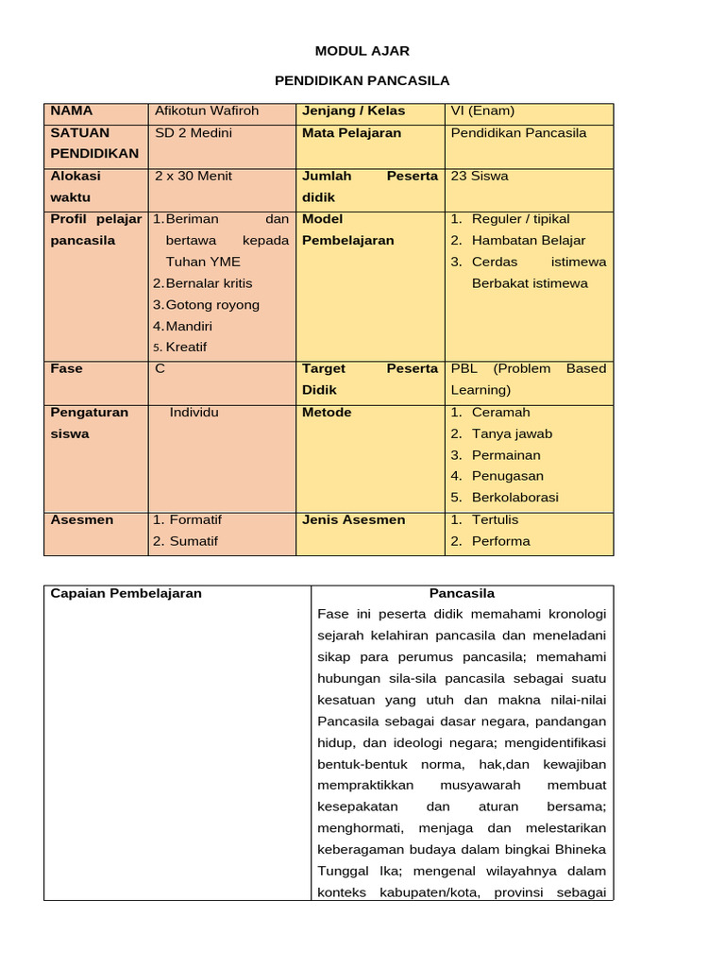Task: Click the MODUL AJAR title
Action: click(362, 51)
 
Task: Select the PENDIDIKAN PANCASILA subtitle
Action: click(362, 81)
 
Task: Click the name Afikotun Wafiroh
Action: click(207, 111)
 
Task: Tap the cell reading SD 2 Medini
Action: click(194, 133)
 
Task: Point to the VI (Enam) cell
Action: click(482, 111)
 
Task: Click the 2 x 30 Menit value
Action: click(194, 176)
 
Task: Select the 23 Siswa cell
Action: click(480, 176)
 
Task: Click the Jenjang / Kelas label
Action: click(353, 111)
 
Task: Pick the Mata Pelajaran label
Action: click(351, 133)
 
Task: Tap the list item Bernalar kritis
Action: click(209, 283)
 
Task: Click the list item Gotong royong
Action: click(212, 305)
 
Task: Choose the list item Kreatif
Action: click(186, 348)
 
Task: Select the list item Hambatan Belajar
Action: click(529, 241)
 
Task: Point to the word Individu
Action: click(194, 413)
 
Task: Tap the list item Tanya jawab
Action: click(512, 434)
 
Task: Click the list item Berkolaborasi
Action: click(514, 498)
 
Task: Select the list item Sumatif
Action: click(194, 541)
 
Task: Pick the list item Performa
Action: click(500, 541)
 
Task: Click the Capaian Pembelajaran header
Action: click(126, 594)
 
